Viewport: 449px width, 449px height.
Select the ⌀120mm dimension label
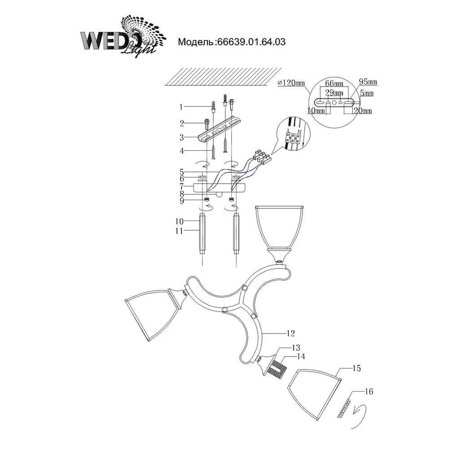(x=291, y=83)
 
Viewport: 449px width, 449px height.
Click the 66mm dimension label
(x=334, y=84)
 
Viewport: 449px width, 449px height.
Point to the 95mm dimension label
(x=368, y=82)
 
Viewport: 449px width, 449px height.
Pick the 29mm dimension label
(x=334, y=92)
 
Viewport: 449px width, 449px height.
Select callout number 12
(x=290, y=333)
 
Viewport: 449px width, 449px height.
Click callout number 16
(x=369, y=392)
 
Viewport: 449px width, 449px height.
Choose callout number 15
(x=357, y=368)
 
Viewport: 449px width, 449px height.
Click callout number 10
(x=180, y=221)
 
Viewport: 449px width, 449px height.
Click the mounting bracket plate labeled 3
(x=220, y=131)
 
